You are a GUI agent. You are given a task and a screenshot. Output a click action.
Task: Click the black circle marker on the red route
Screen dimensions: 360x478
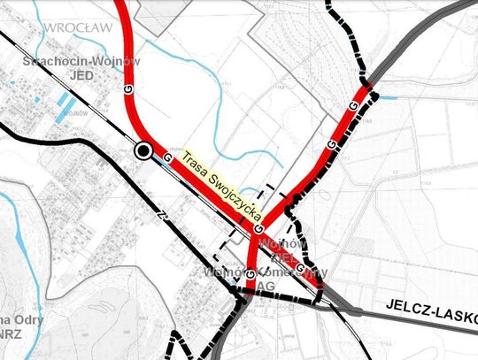[142, 152]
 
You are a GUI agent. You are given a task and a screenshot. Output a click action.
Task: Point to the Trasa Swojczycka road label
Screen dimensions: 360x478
[218, 186]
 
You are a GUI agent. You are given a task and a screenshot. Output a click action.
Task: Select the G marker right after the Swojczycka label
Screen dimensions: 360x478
[258, 228]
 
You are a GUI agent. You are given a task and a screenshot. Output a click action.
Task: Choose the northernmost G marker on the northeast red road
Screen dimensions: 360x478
[353, 107]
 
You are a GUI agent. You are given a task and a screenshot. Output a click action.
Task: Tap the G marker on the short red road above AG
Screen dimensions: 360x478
[251, 274]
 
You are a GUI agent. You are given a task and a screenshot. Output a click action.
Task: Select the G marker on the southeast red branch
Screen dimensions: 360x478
[300, 266]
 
